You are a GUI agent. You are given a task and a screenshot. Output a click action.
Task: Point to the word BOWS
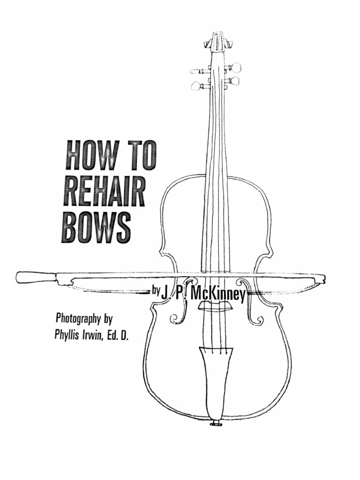point(96,227)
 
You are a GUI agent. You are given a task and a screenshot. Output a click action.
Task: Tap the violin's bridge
point(216,306)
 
